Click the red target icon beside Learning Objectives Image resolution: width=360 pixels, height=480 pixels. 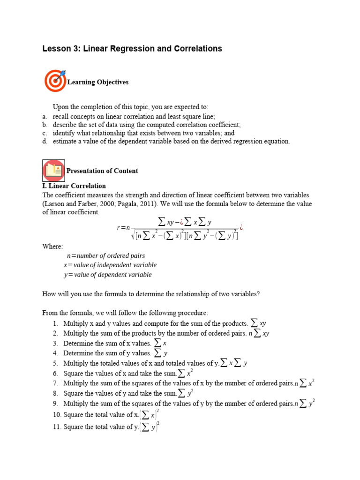coord(55,81)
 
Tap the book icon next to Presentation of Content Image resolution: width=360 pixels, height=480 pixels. coord(53,171)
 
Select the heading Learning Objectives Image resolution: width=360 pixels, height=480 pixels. coord(97,82)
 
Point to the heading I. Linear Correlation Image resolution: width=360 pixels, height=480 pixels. coord(74,186)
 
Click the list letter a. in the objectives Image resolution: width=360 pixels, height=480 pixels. coord(45,117)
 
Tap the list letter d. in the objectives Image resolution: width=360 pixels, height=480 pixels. coord(45,141)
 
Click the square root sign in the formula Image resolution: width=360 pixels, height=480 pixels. coord(133,235)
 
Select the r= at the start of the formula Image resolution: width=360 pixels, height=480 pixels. coord(121,228)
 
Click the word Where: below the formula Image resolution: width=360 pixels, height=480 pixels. coord(52,247)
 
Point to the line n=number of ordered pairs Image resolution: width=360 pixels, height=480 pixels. coord(105,256)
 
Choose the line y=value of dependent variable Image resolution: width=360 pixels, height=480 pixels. coord(107,275)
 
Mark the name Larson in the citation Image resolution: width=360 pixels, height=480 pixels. coord(55,204)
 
